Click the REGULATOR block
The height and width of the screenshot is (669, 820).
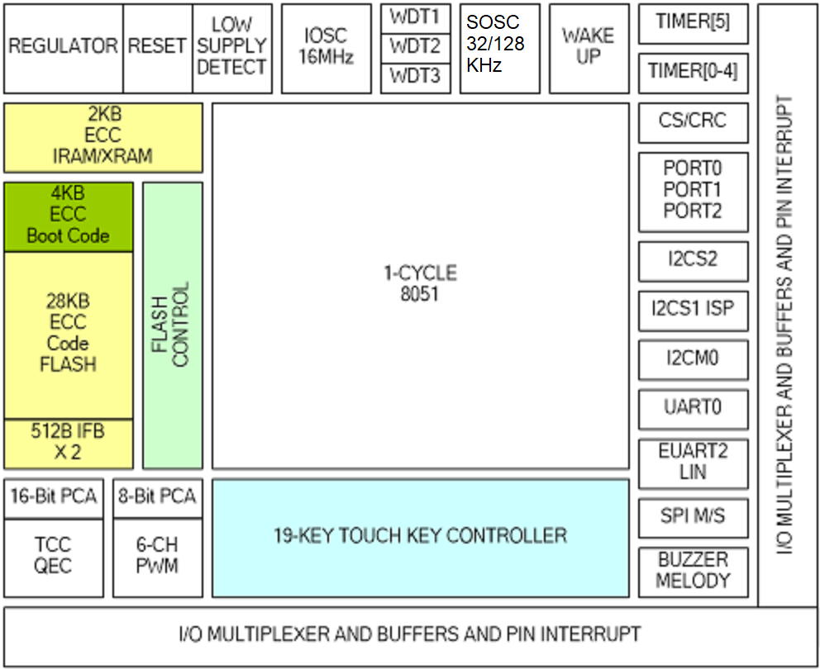63,48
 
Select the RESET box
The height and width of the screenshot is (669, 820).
157,48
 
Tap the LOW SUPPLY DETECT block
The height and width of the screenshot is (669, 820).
231,48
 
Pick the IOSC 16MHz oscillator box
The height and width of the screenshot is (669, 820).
326,48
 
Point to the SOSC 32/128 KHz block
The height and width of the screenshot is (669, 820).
499,48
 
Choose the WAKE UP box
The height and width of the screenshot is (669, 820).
588,48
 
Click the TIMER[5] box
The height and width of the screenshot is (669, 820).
693,23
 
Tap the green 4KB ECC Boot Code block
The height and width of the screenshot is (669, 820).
68,216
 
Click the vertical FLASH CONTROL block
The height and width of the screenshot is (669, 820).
172,325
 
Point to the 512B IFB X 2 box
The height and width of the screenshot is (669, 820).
68,443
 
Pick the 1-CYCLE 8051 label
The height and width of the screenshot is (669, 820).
420,283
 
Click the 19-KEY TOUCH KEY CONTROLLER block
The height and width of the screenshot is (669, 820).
420,537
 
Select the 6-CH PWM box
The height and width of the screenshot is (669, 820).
157,557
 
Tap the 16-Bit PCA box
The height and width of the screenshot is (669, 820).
54,497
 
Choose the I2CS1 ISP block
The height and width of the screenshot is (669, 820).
693,311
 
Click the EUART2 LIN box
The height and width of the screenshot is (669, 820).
693,463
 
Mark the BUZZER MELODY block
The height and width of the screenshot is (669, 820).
693,571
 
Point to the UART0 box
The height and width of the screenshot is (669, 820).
693,408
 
